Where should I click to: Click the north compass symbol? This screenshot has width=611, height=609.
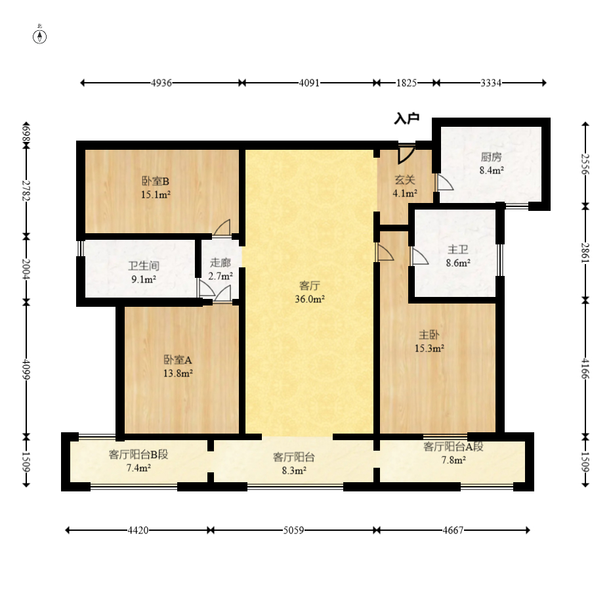[39, 35]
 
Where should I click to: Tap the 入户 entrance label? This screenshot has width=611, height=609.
[406, 118]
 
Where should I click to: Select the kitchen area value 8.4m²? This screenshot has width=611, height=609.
[492, 170]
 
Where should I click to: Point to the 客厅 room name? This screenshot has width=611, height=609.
[309, 285]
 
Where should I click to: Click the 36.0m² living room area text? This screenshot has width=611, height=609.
[309, 299]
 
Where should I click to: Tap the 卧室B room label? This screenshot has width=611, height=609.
[155, 181]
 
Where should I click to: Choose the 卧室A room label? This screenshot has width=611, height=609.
[178, 359]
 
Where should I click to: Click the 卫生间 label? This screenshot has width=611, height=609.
[144, 265]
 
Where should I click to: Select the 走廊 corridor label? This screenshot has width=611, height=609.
[221, 263]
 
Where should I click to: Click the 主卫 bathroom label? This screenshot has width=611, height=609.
[458, 249]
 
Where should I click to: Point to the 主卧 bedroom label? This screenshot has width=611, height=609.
[429, 334]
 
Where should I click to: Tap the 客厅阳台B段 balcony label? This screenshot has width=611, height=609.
[138, 454]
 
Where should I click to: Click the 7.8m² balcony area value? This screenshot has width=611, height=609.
[453, 460]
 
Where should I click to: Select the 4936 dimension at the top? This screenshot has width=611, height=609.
[161, 83]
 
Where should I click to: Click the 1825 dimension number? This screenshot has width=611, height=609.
[406, 83]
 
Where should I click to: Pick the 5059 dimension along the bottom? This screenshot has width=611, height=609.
[293, 530]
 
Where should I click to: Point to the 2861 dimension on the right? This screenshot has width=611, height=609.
[585, 253]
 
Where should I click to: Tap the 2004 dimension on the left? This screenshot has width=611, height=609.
[26, 269]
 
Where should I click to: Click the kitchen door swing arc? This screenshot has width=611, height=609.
[445, 182]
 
